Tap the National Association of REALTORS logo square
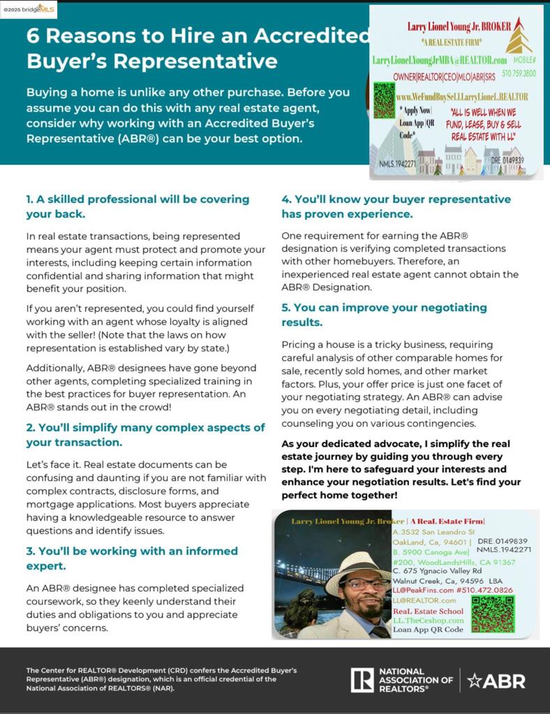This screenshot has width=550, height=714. pos(362,680)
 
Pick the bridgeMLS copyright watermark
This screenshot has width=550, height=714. pos(29,9)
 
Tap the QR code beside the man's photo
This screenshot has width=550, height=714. pos(492,614)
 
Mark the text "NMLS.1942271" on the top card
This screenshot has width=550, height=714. pos(398,164)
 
